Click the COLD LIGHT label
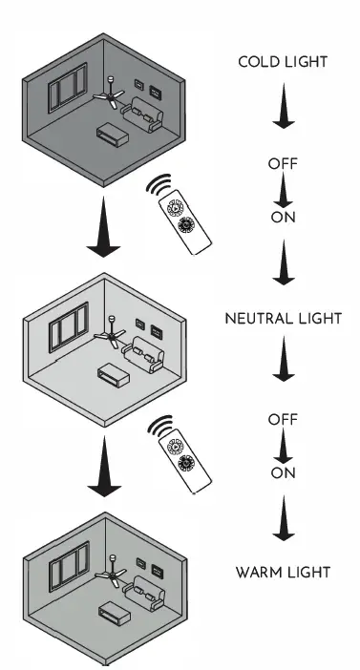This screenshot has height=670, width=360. (283, 62)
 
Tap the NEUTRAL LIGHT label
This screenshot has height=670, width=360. (283, 317)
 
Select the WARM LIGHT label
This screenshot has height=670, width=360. (283, 573)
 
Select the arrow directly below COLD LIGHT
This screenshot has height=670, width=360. (283, 111)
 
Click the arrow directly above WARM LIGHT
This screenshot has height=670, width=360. (283, 524)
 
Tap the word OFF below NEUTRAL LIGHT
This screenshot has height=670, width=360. (283, 418)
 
